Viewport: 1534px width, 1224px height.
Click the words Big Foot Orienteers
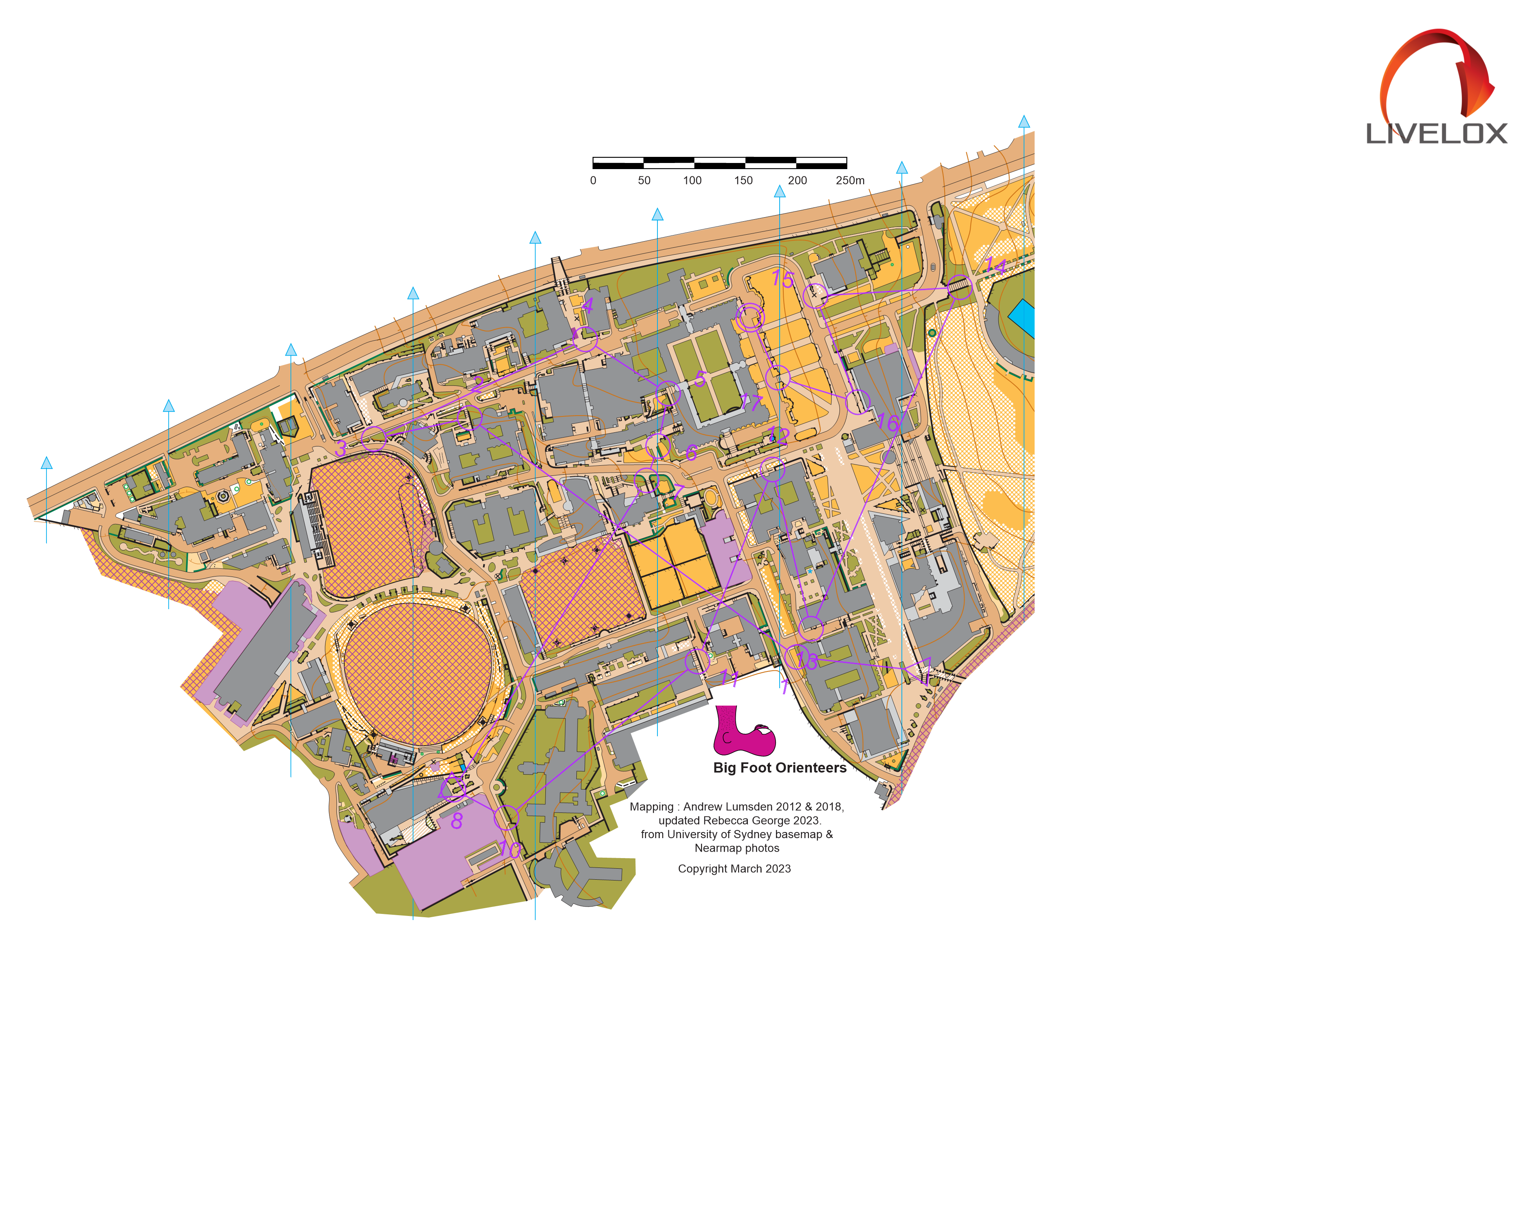(779, 768)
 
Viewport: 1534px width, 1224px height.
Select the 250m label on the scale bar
(850, 181)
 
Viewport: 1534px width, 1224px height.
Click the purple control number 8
(457, 821)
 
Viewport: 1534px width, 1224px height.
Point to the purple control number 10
(510, 849)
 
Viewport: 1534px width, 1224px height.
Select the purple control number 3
(341, 448)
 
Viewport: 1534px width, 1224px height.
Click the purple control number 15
(782, 280)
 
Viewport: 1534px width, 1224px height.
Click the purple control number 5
(700, 379)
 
